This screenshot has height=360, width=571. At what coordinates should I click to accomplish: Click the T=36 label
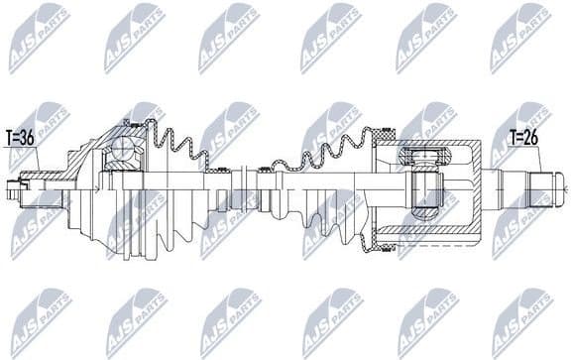pyautogui.click(x=20, y=139)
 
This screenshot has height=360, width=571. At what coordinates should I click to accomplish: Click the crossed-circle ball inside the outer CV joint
pyautogui.click(x=125, y=148)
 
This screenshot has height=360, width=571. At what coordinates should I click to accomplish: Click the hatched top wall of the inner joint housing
pyautogui.click(x=436, y=142)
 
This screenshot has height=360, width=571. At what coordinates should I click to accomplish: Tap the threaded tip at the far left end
pyautogui.click(x=12, y=185)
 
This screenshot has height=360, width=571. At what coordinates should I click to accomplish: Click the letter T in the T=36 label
pyautogui.click(x=9, y=139)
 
